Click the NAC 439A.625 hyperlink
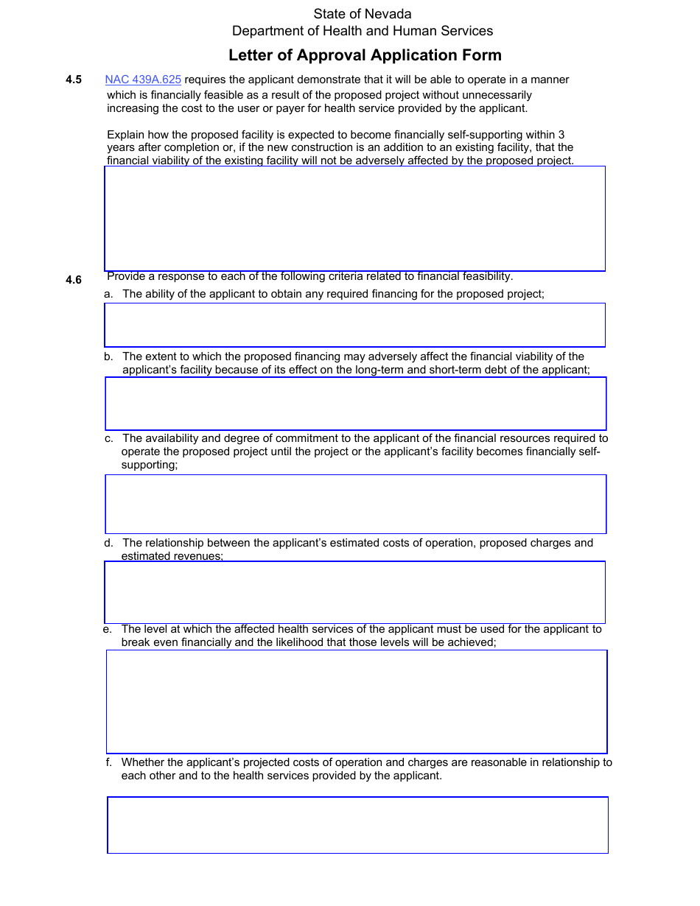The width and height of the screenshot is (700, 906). click(143, 80)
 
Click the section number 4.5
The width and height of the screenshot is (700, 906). click(73, 80)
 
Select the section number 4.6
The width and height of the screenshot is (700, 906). click(73, 280)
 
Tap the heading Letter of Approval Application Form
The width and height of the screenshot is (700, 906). click(365, 55)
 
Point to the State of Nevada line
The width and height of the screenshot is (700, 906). click(363, 14)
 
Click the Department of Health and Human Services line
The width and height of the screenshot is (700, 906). click(363, 31)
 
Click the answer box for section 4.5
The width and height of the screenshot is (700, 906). click(354, 219)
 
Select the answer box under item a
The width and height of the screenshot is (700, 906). click(354, 325)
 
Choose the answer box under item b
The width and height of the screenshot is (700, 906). click(355, 404)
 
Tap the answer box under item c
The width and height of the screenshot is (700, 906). click(355, 504)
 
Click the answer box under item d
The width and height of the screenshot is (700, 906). click(354, 592)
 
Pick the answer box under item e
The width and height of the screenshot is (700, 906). click(357, 701)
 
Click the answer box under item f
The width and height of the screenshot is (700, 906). click(357, 825)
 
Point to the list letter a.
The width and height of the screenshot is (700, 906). click(108, 294)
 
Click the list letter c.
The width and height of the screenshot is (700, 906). click(108, 438)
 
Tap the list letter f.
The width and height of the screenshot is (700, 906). click(108, 762)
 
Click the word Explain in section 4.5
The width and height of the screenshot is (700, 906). click(126, 135)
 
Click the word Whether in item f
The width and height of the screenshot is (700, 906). click(143, 762)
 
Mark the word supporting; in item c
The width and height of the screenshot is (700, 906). click(150, 465)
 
